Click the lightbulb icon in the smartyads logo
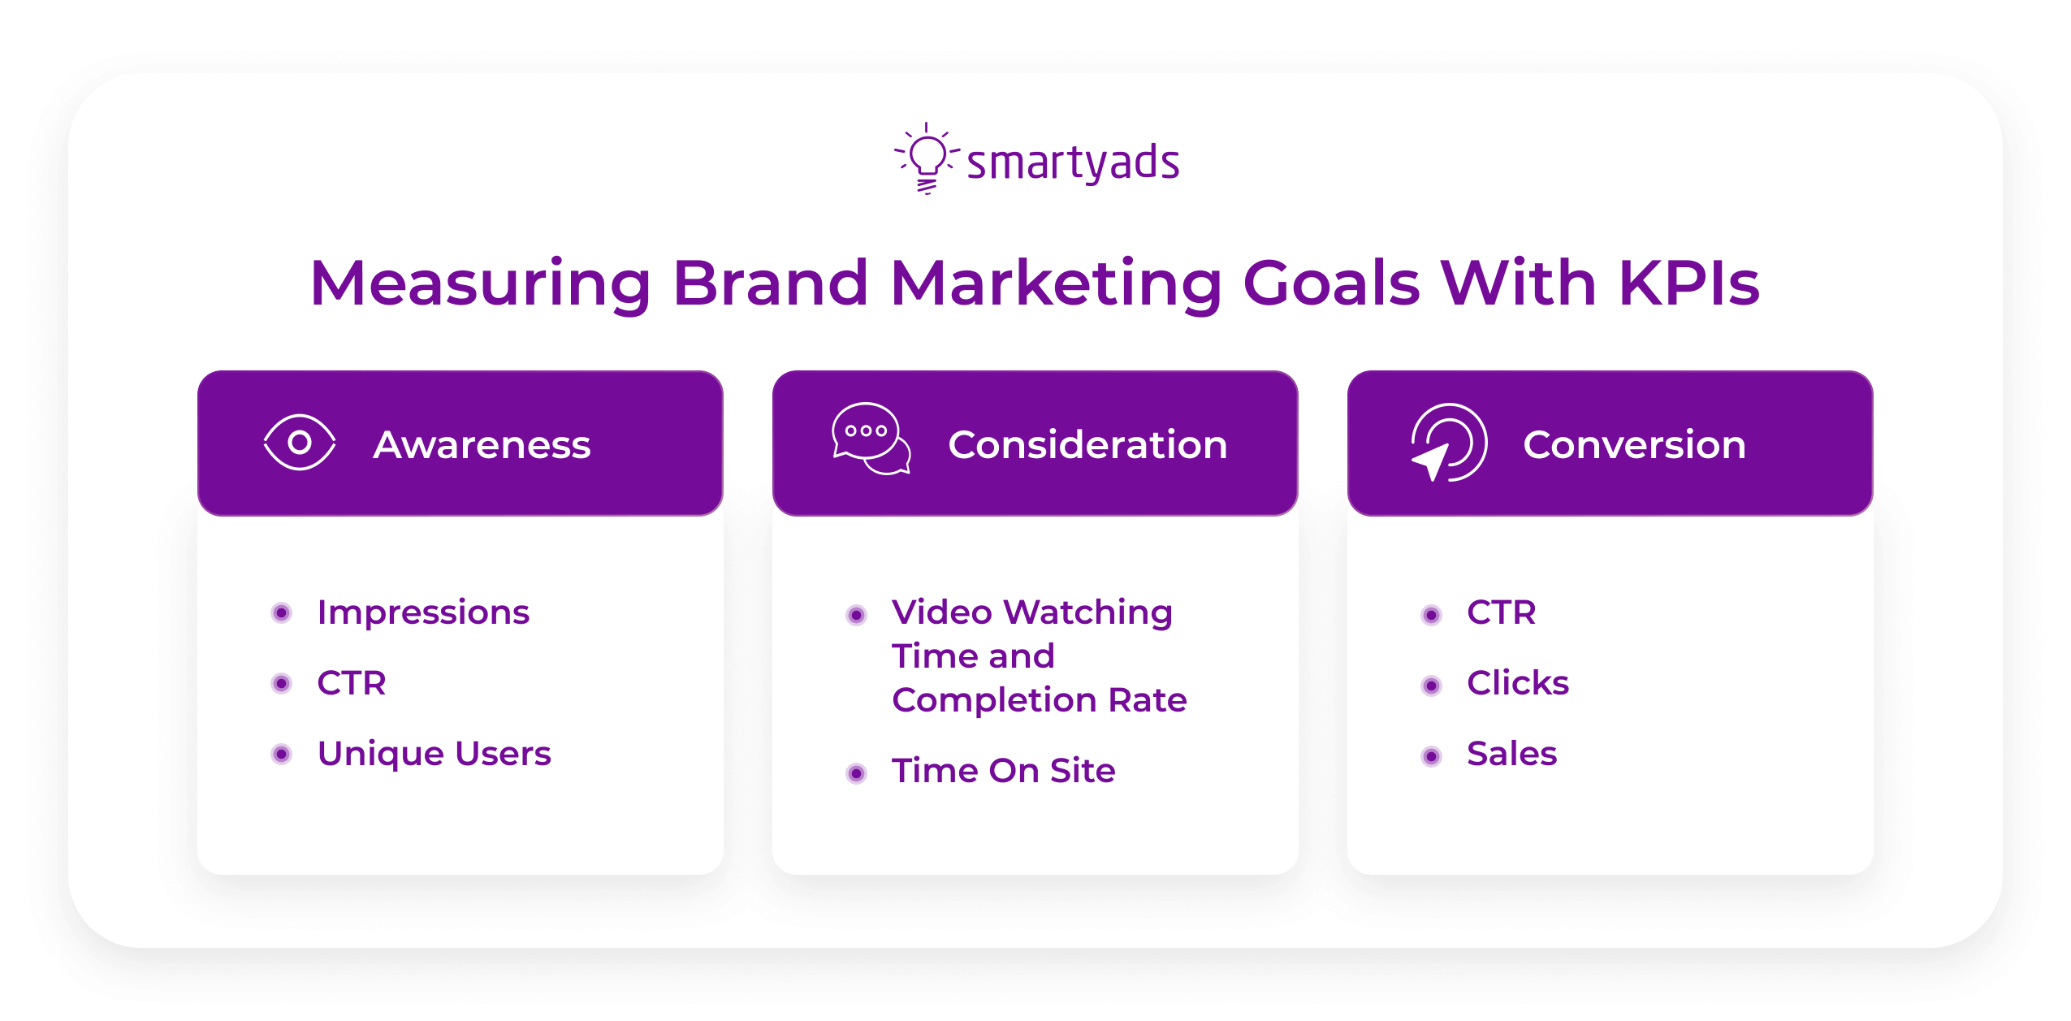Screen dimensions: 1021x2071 tap(927, 158)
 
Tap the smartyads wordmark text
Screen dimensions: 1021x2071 tap(1072, 162)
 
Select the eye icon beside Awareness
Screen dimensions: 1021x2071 tap(299, 443)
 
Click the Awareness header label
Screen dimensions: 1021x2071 tap(482, 444)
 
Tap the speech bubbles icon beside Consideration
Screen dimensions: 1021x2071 tap(870, 439)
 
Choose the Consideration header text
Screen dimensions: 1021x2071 tap(1087, 444)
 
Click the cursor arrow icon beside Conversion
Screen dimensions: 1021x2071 tap(1446, 443)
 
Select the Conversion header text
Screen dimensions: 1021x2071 tap(1633, 444)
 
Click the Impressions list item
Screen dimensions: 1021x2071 tap(422, 612)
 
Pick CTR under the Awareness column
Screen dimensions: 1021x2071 tap(351, 682)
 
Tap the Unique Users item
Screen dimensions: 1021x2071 tap(434, 753)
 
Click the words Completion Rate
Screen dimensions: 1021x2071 tap(1039, 699)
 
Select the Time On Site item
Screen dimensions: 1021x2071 tap(1003, 770)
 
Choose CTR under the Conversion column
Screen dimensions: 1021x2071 tap(1501, 612)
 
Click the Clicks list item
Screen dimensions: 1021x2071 tap(1517, 682)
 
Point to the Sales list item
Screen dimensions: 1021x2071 tap(1511, 753)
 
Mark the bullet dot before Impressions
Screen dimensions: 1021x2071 tap(281, 612)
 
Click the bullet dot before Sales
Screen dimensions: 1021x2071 tap(1431, 756)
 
